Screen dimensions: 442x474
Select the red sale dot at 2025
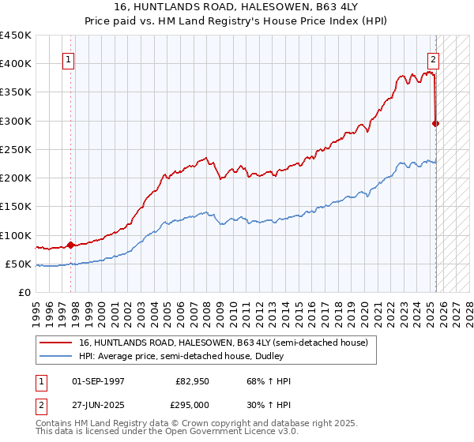(x=436, y=123)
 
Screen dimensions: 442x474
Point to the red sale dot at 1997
(x=70, y=245)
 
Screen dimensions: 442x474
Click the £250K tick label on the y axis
(x=16, y=149)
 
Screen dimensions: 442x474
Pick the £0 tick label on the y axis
(x=25, y=292)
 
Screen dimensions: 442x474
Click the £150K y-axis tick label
(x=16, y=206)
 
